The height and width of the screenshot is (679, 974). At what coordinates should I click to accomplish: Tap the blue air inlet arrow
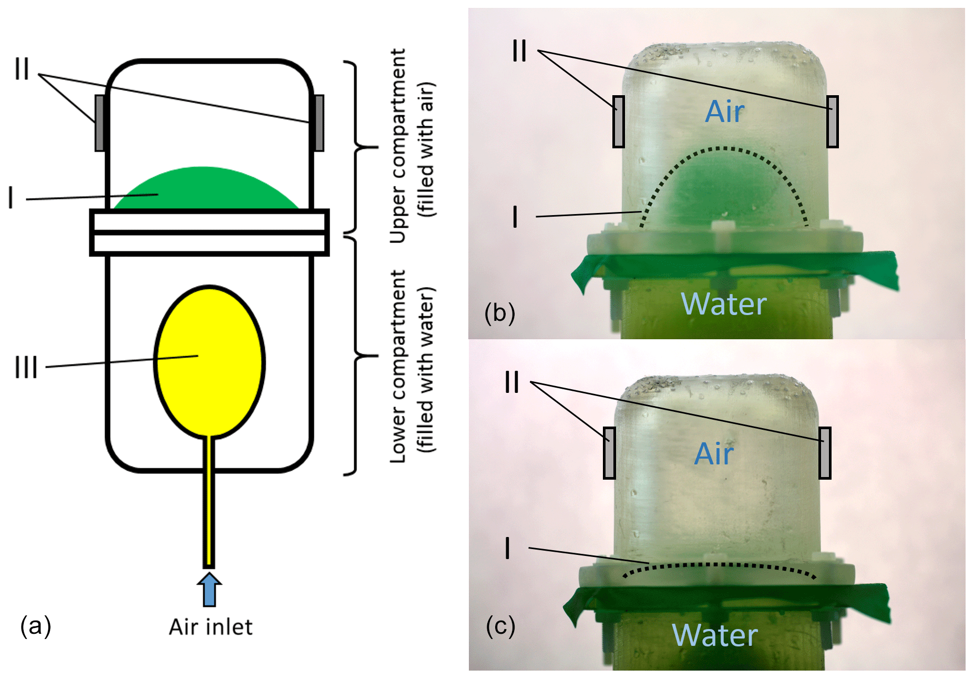coord(209,590)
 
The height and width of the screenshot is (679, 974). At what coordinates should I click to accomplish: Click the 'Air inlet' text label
coord(210,627)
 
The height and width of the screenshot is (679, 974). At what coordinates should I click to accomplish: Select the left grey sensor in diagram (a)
coord(99,123)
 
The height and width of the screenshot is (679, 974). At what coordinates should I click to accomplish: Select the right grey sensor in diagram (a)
coord(319,123)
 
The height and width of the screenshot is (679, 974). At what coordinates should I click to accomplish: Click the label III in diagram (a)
coord(26,367)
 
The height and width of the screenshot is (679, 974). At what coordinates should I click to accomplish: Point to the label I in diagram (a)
coord(11,198)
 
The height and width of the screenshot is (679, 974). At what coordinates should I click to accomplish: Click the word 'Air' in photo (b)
coord(724,112)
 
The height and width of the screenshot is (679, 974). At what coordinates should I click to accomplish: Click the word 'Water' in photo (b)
coord(723,304)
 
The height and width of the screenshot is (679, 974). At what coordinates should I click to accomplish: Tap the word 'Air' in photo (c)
coord(713,453)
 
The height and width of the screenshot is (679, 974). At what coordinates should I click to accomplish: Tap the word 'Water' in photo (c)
coord(714,635)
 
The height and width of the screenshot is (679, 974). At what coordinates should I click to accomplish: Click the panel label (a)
coord(35,626)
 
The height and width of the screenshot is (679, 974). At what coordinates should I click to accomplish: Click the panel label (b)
coord(499,313)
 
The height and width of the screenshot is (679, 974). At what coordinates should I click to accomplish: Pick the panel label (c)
coord(500,626)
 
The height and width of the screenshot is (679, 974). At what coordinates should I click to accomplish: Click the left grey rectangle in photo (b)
coord(619,121)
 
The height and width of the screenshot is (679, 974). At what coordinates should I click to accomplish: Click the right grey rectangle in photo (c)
coord(825,453)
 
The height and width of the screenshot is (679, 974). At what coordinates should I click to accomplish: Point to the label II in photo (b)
coord(519,52)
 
